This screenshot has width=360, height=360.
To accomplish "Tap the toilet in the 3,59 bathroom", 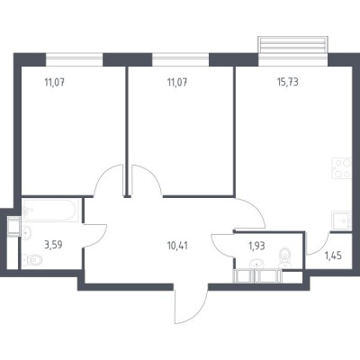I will pos(31,262).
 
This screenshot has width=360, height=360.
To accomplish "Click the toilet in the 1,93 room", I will pos(284,255).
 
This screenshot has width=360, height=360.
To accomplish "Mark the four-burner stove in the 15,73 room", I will pos(342,168).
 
